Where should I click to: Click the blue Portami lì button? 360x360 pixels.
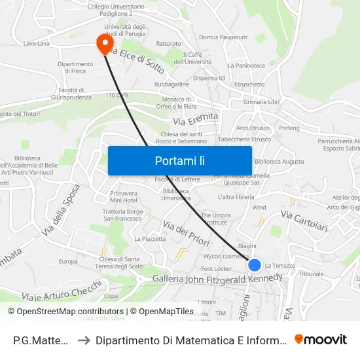179,160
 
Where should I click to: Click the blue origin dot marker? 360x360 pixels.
255,265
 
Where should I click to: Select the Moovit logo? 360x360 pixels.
320,340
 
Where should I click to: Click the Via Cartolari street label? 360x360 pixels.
304,221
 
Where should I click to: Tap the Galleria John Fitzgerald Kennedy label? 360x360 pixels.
217,278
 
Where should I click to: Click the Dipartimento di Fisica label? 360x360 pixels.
75,68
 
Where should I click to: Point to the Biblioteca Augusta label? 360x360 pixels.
279,161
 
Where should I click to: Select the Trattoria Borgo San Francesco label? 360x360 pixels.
122,215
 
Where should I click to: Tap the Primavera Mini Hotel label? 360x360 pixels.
124,197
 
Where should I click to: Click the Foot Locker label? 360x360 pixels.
217,268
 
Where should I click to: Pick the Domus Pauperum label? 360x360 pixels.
223,37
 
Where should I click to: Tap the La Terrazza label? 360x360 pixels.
279,266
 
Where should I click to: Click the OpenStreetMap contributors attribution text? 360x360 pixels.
65,312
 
